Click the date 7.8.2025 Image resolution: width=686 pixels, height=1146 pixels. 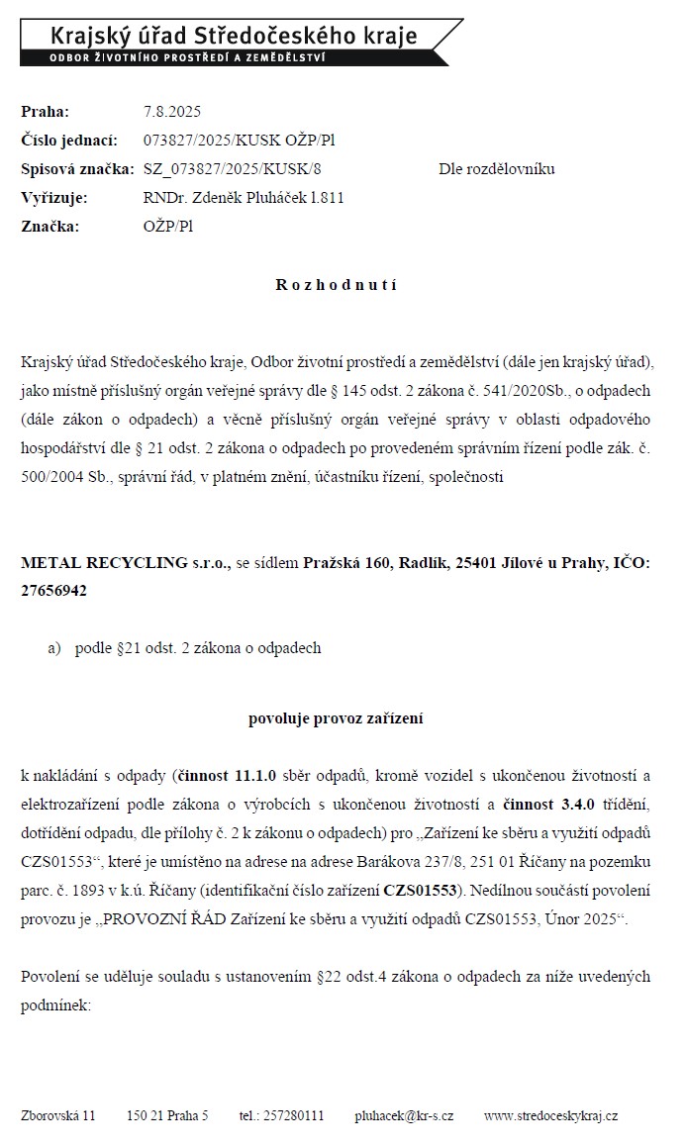coord(172,112)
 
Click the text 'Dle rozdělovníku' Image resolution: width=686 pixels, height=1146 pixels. coord(497,169)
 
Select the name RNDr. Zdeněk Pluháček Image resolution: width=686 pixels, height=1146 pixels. coord(225,198)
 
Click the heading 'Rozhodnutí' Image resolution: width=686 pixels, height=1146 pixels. coord(336,285)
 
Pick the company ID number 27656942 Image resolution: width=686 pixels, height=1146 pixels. coord(53,591)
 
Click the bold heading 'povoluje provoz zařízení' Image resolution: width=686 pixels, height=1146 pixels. coord(336,718)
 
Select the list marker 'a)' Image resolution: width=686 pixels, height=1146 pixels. coord(54,648)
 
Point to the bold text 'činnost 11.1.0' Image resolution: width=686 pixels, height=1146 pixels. coord(227,775)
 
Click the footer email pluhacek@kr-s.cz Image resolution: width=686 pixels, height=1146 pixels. coord(404,1115)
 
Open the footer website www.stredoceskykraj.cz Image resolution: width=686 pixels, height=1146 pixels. coord(550,1115)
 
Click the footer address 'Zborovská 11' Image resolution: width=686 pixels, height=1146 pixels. coord(58,1115)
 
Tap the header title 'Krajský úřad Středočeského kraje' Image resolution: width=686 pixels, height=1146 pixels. coord(234,37)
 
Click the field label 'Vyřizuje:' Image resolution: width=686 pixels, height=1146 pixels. coord(54,198)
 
